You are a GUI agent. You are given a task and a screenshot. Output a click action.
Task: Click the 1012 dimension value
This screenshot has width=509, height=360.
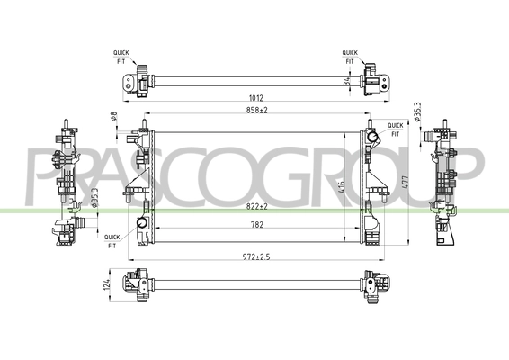tap(258, 100)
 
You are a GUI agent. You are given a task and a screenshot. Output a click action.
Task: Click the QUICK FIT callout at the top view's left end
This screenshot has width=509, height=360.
tap(121, 57)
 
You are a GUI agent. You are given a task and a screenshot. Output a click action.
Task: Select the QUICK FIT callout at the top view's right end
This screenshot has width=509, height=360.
tap(350, 57)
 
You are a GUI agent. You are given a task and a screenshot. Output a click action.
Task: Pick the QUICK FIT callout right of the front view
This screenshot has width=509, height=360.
tap(394, 128)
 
